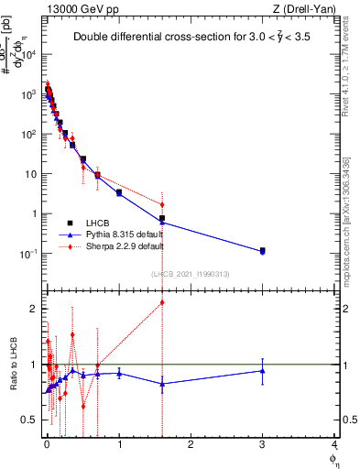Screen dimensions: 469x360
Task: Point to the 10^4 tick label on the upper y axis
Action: coord(29,55)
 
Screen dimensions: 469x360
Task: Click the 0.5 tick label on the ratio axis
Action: coord(29,420)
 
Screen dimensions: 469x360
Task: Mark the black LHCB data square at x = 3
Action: coord(263,250)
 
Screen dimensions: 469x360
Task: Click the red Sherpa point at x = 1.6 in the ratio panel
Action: coord(162,302)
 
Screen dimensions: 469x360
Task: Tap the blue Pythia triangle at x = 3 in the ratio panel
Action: coord(263,371)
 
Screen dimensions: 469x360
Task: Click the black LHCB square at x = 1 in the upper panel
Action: coord(119,192)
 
